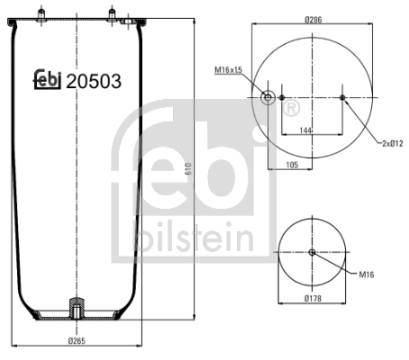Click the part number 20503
click(x=94, y=80)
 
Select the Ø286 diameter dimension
click(x=313, y=18)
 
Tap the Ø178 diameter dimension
click(x=313, y=298)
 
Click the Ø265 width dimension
click(x=77, y=340)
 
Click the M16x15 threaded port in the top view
click(x=267, y=97)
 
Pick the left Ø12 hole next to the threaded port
click(x=281, y=97)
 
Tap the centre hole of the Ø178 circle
click(x=312, y=252)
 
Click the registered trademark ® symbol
click(x=291, y=109)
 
